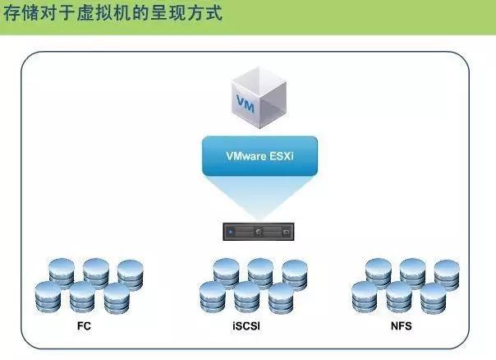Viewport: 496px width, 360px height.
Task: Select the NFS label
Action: [x=402, y=326]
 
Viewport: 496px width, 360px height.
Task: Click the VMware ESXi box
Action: [x=259, y=156]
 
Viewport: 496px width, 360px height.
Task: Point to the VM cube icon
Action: [x=259, y=97]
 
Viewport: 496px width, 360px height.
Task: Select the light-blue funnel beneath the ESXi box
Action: [x=259, y=197]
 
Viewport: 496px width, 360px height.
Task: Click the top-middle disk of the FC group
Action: [x=96, y=270]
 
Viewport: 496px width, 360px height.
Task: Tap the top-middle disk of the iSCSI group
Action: [x=260, y=270]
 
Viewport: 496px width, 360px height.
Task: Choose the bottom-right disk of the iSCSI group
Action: [x=282, y=297]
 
